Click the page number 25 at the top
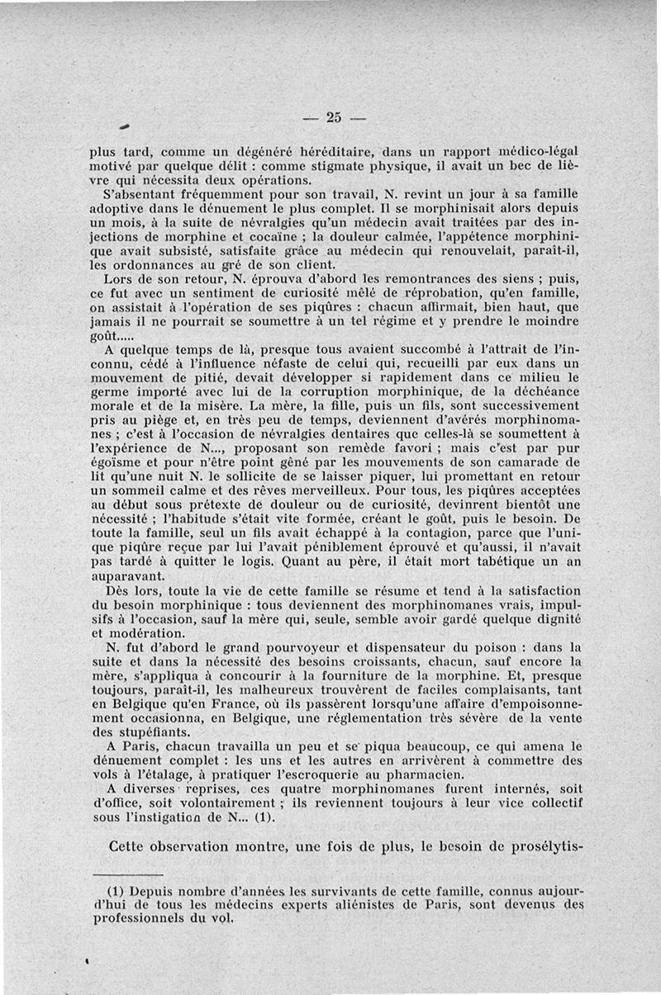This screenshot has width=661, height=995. pos(334,116)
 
